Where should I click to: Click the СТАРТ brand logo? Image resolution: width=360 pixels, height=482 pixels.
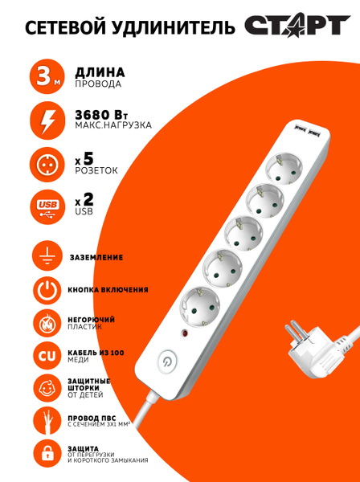click(x=297, y=25)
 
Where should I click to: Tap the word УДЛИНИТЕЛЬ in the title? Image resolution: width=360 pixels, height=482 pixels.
click(x=171, y=27)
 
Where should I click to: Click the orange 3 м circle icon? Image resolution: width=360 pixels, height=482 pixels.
click(x=47, y=76)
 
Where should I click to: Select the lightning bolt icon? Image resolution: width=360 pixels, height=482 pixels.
click(x=47, y=120)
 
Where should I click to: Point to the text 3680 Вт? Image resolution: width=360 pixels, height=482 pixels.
click(x=101, y=115)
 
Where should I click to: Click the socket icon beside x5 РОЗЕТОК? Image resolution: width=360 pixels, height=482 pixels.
click(x=47, y=165)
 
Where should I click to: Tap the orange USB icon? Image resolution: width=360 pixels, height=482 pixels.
click(x=47, y=207)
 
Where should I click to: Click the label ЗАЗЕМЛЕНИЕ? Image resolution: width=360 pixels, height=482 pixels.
click(x=96, y=257)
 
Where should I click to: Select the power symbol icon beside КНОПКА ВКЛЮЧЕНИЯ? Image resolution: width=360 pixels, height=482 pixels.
click(x=47, y=290)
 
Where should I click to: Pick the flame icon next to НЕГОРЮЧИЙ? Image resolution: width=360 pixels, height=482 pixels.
click(x=47, y=324)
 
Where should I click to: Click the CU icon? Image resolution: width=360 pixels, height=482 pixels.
click(x=47, y=356)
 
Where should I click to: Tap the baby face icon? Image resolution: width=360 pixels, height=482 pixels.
click(x=47, y=388)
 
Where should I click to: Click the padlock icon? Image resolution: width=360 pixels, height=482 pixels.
click(x=47, y=454)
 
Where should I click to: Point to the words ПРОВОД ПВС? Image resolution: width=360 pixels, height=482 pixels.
click(x=92, y=419)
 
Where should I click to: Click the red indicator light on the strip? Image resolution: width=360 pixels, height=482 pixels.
click(x=185, y=333)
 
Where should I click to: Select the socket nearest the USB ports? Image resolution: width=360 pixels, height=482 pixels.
click(x=284, y=169)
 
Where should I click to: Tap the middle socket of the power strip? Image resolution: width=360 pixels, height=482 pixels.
click(x=243, y=232)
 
